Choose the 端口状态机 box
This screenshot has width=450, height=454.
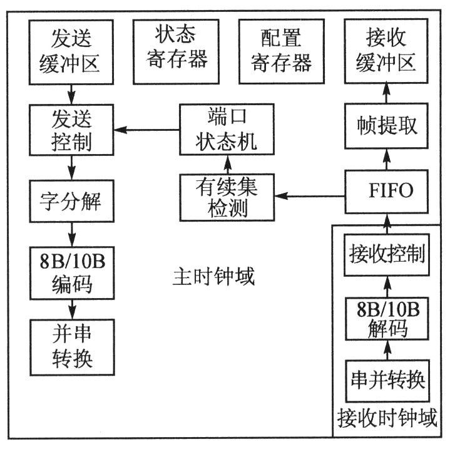[227, 130]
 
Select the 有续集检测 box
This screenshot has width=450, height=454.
[227, 197]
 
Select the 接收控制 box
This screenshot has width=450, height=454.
[386, 255]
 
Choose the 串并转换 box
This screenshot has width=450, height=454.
[386, 379]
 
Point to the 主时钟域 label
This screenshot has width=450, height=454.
[213, 276]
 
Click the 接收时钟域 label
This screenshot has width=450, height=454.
[386, 417]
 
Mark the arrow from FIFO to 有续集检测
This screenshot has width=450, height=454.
[310, 197]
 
